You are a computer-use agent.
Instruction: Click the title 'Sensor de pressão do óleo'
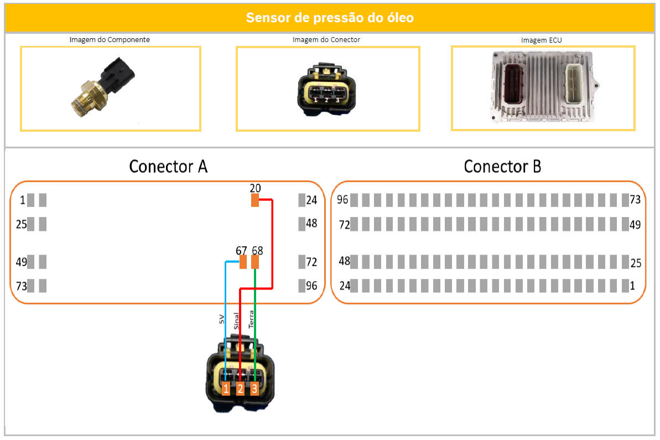click(330, 18)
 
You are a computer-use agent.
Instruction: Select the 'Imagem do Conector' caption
click(326, 40)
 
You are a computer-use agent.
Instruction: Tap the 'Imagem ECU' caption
click(541, 40)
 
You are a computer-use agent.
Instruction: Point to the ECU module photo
click(542, 87)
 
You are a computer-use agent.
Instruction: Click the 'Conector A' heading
click(168, 166)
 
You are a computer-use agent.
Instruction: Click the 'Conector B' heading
click(502, 166)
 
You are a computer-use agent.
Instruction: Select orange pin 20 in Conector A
click(255, 200)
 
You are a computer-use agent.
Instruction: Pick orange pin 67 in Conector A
click(243, 262)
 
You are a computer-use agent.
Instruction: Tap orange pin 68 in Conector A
click(255, 262)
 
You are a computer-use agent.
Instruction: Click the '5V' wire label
click(221, 319)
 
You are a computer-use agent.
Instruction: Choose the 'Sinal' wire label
click(236, 321)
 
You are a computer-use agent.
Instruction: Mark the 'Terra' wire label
click(251, 319)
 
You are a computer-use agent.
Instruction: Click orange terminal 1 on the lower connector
click(226, 389)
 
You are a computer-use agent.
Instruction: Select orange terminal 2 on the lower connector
click(240, 389)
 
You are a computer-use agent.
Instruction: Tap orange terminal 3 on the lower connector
click(254, 389)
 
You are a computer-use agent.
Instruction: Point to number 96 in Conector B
click(342, 200)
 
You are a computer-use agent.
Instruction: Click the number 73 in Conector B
click(635, 200)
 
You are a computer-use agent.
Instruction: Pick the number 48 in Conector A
click(311, 224)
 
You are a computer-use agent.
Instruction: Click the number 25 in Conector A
click(22, 225)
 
